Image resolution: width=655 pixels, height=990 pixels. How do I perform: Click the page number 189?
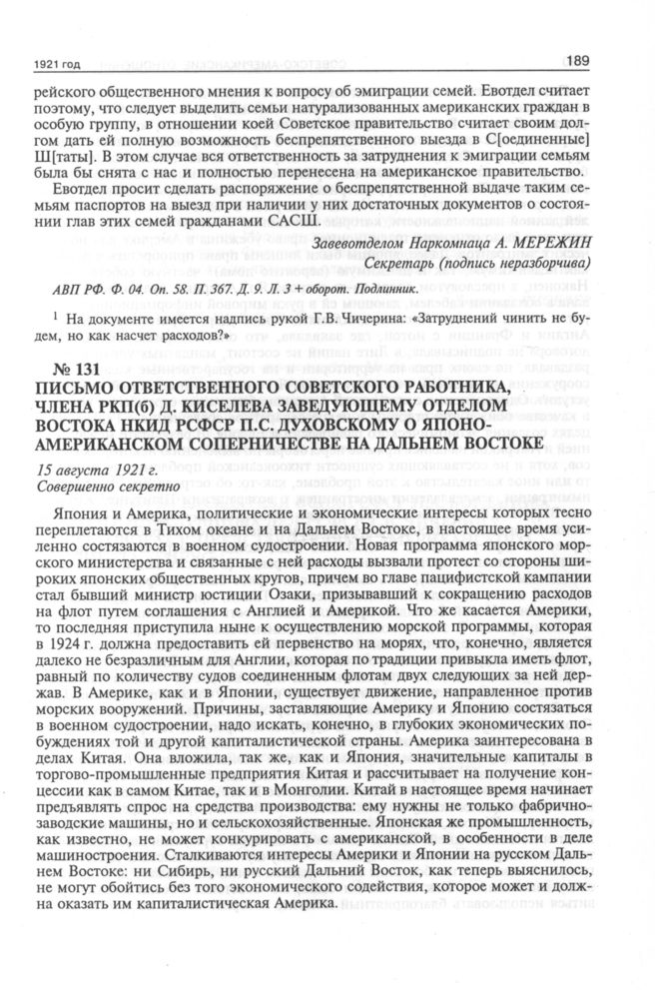[580, 61]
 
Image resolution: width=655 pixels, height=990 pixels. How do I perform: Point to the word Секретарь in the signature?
[387, 264]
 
